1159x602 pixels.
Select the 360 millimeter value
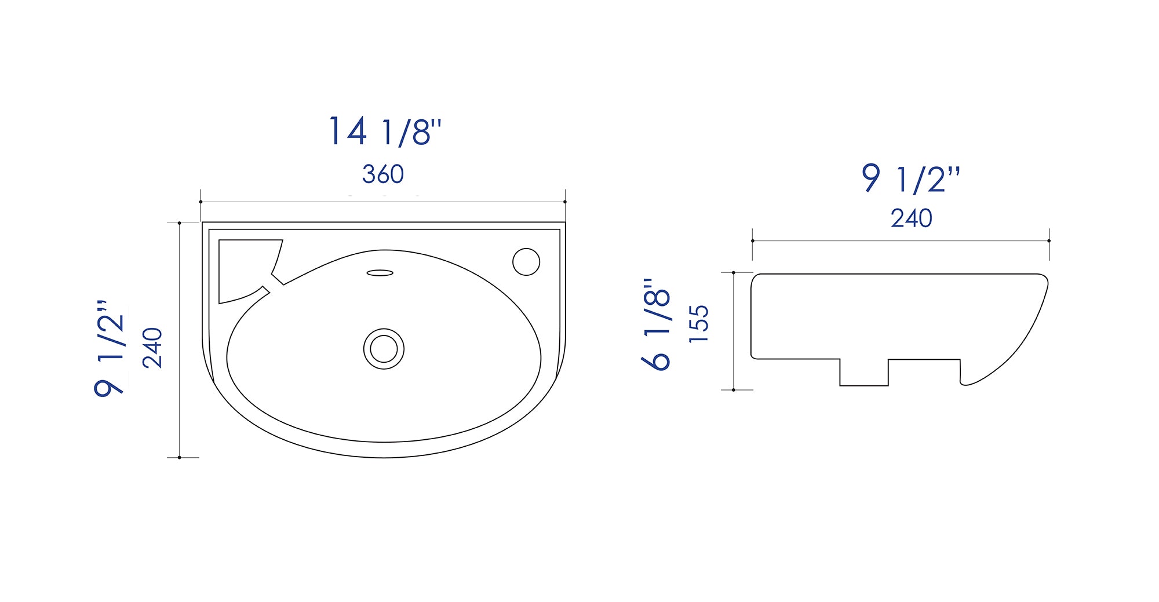click(382, 174)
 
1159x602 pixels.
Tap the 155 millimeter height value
click(699, 323)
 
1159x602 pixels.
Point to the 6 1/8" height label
click(657, 324)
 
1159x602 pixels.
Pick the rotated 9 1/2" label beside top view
click(110, 348)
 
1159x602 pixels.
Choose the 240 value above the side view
click(911, 219)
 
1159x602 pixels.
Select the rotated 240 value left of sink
click(152, 348)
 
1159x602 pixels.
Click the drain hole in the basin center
click(384, 349)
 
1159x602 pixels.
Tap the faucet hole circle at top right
click(526, 261)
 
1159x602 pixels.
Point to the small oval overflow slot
click(380, 273)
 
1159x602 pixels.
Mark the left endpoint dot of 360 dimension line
click(201, 202)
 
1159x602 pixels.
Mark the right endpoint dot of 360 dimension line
click(565, 202)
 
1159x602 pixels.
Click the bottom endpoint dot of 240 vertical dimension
click(180, 458)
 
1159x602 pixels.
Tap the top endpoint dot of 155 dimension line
click(734, 272)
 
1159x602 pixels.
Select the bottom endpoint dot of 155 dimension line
click(734, 390)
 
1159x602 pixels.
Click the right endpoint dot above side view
click(1049, 240)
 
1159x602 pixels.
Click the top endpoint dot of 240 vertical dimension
click(180, 222)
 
